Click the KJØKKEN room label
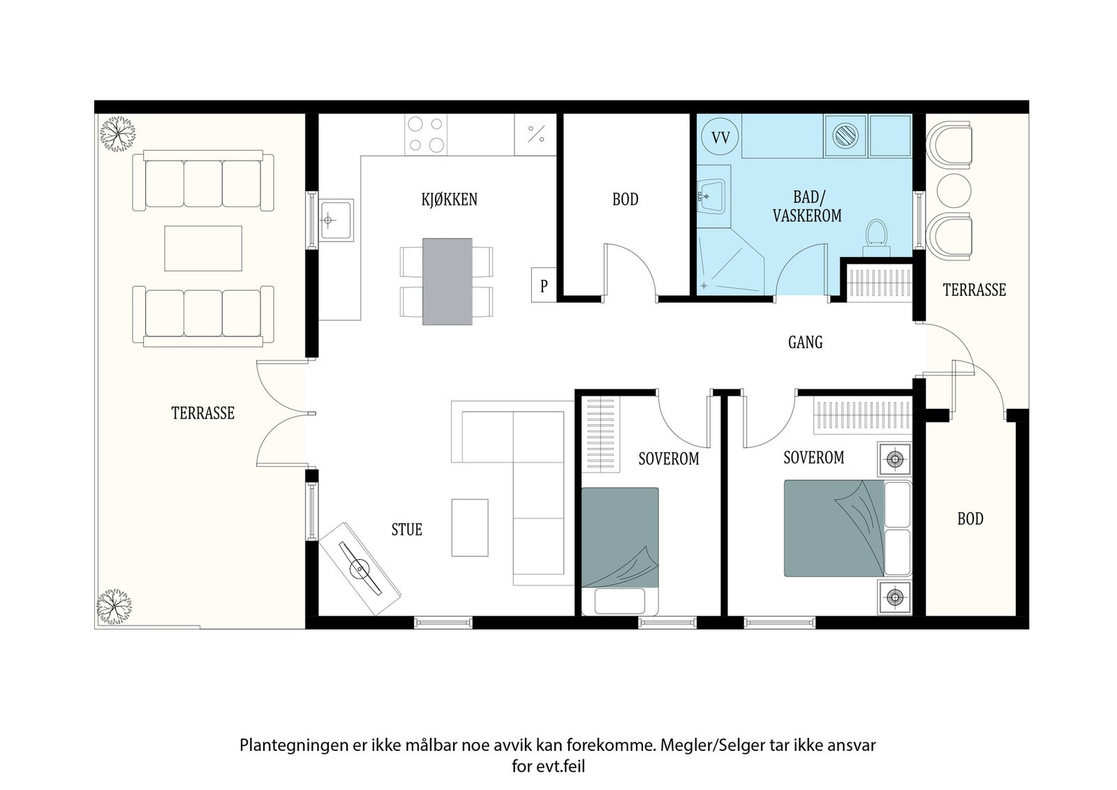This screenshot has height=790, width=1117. coord(450,200)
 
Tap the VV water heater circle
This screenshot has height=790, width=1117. coord(720,137)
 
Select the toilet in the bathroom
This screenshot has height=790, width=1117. coord(876,238)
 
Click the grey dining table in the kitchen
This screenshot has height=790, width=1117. coord(447,282)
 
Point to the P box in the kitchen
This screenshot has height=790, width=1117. coord(544,285)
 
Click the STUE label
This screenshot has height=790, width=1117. coord(407,529)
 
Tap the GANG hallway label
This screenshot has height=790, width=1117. coord(806,342)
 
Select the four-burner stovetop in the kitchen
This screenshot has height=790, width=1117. coord(426,134)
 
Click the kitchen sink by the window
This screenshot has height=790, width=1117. coord(336,220)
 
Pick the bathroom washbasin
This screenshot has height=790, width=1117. coord(711,196)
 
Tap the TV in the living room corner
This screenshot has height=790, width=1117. coord(360,569)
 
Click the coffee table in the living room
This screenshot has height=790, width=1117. coord(470,528)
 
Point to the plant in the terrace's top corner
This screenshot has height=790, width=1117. coord(118,134)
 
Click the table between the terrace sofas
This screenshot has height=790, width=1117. coord(203,248)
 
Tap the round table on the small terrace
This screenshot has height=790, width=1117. coord(954,191)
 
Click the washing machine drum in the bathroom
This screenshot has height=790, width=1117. coord(845,136)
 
